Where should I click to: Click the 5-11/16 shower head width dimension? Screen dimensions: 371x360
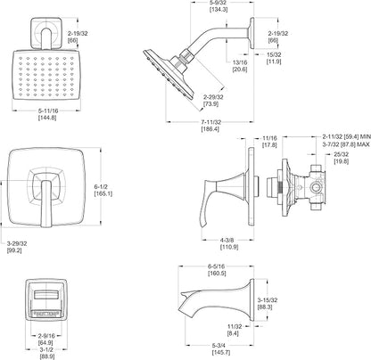point(47,114)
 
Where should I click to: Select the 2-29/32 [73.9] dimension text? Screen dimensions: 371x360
point(213,101)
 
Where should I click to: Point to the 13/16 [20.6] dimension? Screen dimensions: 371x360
point(240,66)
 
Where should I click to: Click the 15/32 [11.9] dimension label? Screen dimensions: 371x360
point(274,58)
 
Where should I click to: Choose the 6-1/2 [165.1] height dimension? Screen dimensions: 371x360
point(103,190)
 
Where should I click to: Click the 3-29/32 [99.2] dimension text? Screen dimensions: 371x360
point(17,247)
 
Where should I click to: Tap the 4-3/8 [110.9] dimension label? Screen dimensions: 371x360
point(229,243)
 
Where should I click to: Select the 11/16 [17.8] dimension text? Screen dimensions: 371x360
point(269,142)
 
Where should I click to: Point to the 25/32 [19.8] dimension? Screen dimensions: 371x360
point(342,158)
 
